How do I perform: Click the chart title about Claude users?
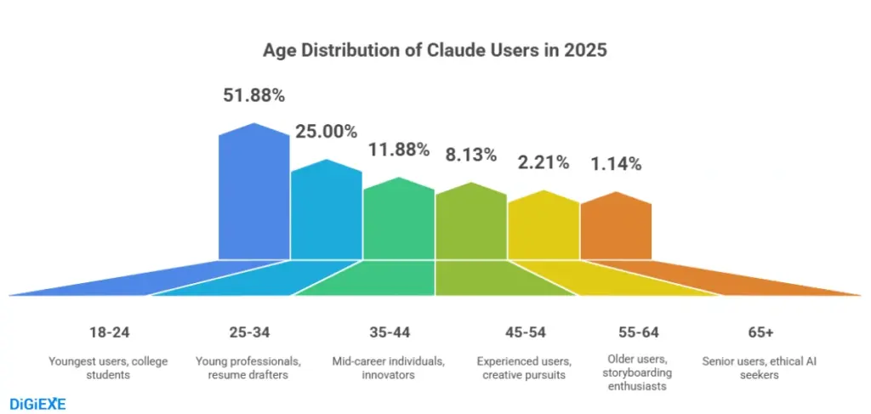coord(435,50)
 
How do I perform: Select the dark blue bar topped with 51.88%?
coord(254,196)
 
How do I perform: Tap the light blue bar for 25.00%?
coord(327,213)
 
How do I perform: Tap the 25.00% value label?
coord(327,132)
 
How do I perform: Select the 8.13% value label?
coord(471,155)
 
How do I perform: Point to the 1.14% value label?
coord(616,164)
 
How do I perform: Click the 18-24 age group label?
coord(110,332)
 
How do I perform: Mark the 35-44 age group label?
coord(388,332)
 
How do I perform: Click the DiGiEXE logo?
coord(37,403)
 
